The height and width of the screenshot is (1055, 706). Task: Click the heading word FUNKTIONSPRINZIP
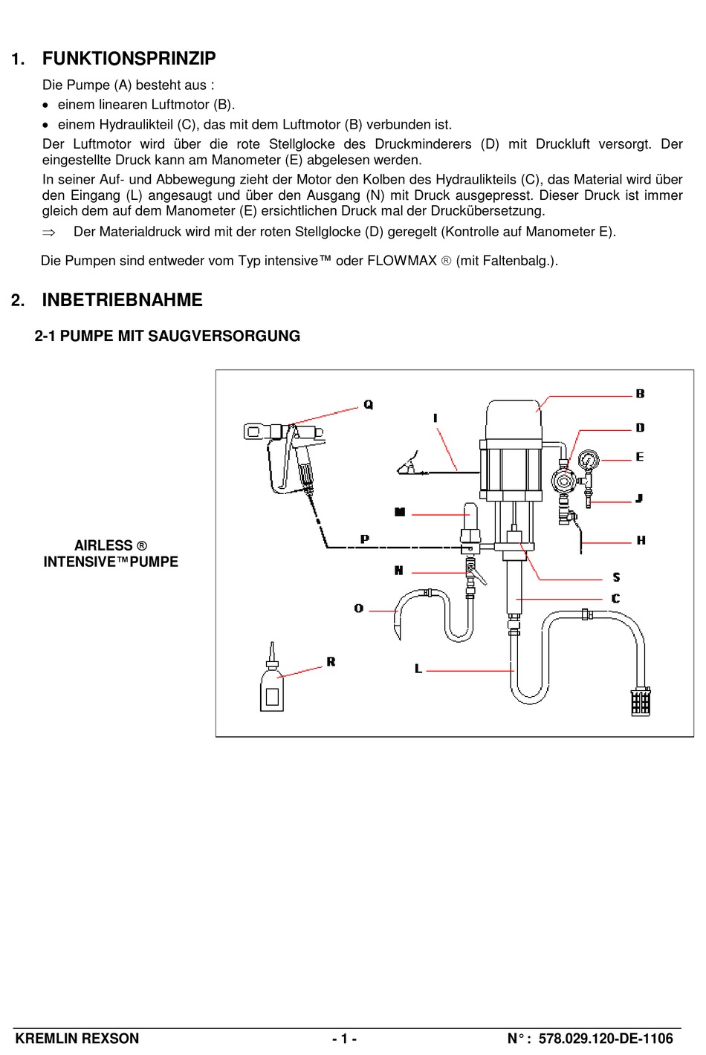tap(129, 59)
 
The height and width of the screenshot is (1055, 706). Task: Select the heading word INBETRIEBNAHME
tap(122, 300)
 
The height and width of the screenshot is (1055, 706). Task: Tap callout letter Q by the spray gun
tap(369, 405)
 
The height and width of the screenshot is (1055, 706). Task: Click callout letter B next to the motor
tap(640, 394)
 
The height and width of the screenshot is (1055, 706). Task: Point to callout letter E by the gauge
tap(639, 457)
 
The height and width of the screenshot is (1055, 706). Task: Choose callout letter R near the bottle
tap(331, 661)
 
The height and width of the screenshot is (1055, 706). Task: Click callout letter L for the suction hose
tap(418, 669)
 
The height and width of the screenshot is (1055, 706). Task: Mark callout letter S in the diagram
tap(616, 577)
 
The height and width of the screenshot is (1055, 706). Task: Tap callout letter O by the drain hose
tap(359, 608)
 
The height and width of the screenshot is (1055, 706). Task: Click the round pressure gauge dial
tap(589, 461)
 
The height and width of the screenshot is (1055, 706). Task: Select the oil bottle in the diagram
tap(272, 687)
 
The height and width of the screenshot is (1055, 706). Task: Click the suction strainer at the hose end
tap(641, 701)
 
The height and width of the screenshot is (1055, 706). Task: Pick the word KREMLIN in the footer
tap(44, 1039)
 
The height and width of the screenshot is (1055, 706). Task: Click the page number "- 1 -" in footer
tap(344, 1039)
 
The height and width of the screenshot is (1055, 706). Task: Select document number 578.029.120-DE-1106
tap(606, 1039)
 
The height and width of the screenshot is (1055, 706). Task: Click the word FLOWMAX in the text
tap(402, 261)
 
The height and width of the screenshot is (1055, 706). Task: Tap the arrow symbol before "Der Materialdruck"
tap(49, 233)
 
